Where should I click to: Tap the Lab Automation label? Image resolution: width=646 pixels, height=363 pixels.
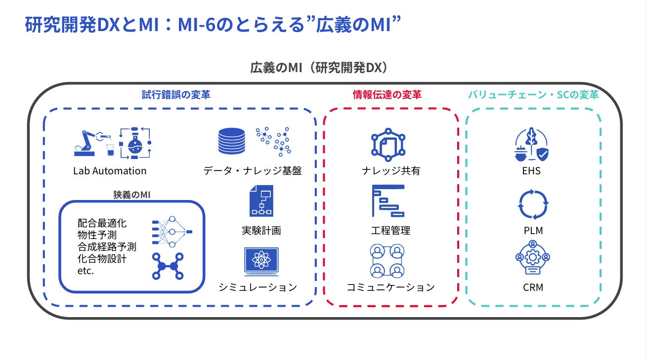pyautogui.click(x=110, y=171)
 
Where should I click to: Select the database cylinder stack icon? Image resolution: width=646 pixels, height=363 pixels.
pyautogui.click(x=231, y=141)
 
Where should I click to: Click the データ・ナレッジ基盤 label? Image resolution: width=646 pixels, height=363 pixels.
pyautogui.click(x=253, y=171)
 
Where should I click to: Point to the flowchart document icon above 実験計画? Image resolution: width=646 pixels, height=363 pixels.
pyautogui.click(x=261, y=201)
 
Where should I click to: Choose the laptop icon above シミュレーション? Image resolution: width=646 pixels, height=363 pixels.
pyautogui.click(x=261, y=262)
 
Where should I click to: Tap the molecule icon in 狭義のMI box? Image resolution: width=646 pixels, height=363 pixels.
pyautogui.click(x=168, y=266)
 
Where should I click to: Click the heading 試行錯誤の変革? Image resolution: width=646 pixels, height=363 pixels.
pyautogui.click(x=176, y=95)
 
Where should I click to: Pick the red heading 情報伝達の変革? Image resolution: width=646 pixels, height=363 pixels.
pyautogui.click(x=387, y=95)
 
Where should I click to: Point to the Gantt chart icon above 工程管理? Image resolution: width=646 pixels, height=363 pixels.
pyautogui.click(x=388, y=201)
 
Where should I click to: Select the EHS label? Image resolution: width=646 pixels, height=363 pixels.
pyautogui.click(x=532, y=171)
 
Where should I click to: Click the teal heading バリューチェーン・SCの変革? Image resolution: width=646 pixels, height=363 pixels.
pyautogui.click(x=533, y=95)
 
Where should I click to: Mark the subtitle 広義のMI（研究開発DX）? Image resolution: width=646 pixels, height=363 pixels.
pyautogui.click(x=319, y=68)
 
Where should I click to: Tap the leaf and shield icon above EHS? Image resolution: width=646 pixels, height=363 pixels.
pyautogui.click(x=532, y=144)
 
